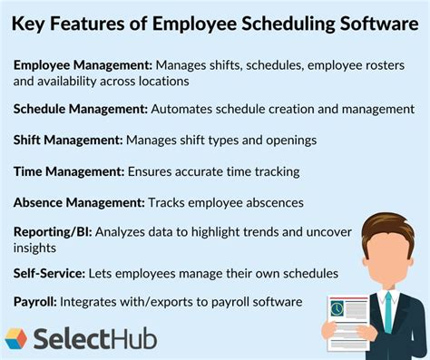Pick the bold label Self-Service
(x=50, y=272)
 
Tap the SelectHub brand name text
(x=95, y=339)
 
